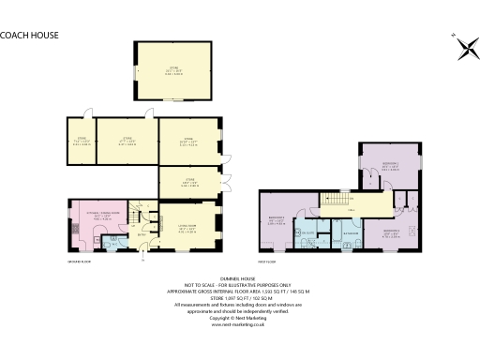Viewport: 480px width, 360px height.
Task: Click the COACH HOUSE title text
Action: pyautogui.click(x=30, y=35)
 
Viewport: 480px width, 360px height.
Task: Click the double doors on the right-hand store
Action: pyautogui.click(x=226, y=177)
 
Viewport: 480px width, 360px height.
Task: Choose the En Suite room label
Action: pyautogui.click(x=306, y=230)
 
